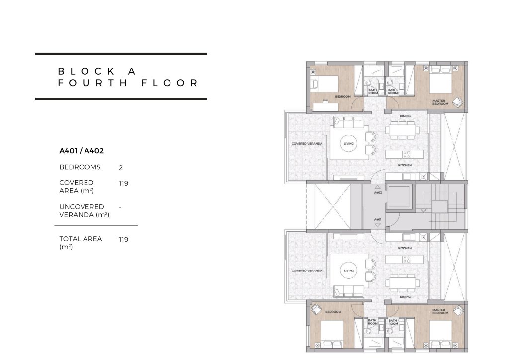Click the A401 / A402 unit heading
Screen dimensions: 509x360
82,151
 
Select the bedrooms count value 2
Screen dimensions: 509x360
121,168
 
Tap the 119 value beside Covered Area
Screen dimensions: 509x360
123,183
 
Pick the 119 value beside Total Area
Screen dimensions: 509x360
123,239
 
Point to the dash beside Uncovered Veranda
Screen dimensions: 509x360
120,207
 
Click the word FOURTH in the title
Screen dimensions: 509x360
93,83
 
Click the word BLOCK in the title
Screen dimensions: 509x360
86,71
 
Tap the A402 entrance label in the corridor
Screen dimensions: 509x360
378,193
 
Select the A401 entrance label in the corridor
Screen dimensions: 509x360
378,219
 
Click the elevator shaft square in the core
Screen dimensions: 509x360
398,197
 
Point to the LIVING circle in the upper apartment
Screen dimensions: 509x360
349,144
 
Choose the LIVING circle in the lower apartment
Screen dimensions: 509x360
349,270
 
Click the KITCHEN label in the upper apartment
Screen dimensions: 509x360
405,165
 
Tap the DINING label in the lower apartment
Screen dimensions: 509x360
405,297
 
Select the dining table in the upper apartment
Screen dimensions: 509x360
403,130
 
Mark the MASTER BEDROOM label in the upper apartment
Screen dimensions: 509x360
440,102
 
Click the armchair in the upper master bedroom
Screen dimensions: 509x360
458,101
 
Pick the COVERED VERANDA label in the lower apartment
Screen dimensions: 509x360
307,270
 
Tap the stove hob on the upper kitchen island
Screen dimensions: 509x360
407,154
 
